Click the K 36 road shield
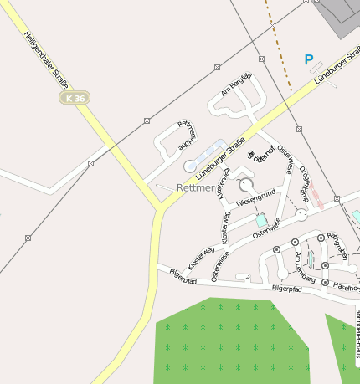pyautogui.click(x=75, y=98)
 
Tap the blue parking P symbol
pyautogui.click(x=308, y=60)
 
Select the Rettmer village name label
pyautogui.click(x=195, y=188)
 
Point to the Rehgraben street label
pyautogui.click(x=337, y=245)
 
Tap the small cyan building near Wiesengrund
pyautogui.click(x=262, y=220)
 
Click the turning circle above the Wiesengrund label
pyautogui.click(x=245, y=183)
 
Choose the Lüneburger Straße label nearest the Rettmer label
pyautogui.click(x=220, y=158)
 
